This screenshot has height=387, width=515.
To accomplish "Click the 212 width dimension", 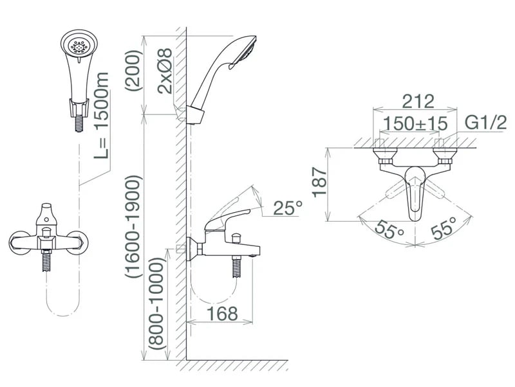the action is (x=418, y=102).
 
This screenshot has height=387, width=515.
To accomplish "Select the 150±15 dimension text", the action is (x=415, y=123).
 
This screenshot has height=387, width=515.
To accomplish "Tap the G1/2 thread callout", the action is (x=486, y=123).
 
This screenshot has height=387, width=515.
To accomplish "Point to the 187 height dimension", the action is (x=319, y=183).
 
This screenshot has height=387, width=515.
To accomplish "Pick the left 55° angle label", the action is (x=389, y=230).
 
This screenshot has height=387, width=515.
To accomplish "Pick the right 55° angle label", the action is (x=444, y=228).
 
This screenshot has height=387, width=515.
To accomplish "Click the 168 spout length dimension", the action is (x=222, y=314).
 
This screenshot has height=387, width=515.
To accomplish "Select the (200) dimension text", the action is (x=133, y=71).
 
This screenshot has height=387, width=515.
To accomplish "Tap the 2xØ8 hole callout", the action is (x=165, y=71).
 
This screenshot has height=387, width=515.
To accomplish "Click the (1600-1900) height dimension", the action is (x=133, y=227).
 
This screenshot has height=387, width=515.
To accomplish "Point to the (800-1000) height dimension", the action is (x=155, y=303).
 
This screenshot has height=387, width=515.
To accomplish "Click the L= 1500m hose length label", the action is (x=101, y=116).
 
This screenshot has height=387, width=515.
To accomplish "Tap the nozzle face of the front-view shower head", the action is (x=79, y=46).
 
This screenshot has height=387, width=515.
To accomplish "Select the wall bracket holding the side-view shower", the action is (x=195, y=115).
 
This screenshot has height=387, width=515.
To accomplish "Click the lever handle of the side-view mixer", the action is (x=227, y=219).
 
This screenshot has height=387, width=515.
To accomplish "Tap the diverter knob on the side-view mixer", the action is (x=236, y=237).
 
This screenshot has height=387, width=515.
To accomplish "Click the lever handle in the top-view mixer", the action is (x=415, y=193).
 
